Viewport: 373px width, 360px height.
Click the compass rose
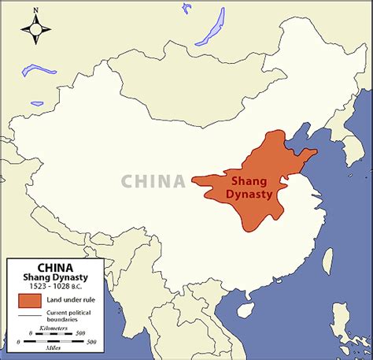click(x=35, y=28)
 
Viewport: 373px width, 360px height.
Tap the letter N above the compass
click(x=35, y=10)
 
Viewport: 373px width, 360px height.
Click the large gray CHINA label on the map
click(x=153, y=182)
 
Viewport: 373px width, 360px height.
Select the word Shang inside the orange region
click(x=254, y=177)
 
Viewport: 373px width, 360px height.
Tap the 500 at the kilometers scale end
click(x=80, y=334)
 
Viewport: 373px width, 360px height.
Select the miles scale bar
click(x=59, y=341)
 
